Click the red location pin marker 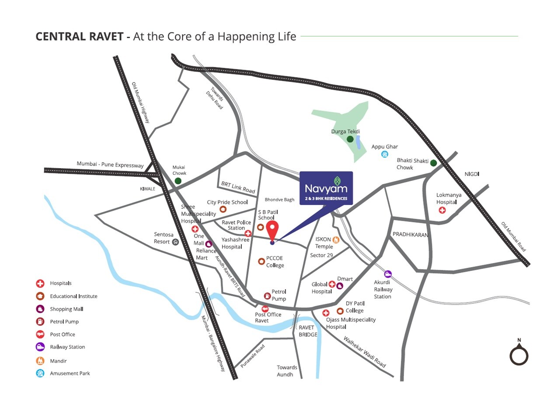[x=272, y=230]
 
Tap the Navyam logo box [x=326, y=188]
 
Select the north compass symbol [x=519, y=354]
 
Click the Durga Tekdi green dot [x=350, y=139]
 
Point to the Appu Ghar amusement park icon [x=385, y=154]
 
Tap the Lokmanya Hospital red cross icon [x=442, y=210]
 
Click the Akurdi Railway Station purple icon [x=388, y=274]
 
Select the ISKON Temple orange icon [x=336, y=239]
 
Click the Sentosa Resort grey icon [x=175, y=242]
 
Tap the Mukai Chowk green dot [x=178, y=181]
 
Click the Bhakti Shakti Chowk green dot [x=433, y=163]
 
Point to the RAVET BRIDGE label [x=308, y=331]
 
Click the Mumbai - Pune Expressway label [x=110, y=165]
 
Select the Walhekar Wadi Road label [x=365, y=352]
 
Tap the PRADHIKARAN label [x=410, y=235]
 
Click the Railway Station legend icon [x=40, y=347]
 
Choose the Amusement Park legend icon [x=40, y=373]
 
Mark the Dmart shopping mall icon [x=340, y=286]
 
